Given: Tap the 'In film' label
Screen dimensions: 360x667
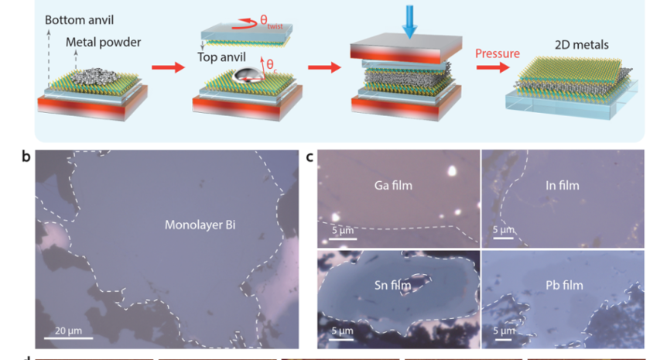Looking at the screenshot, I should (x=561, y=186).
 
